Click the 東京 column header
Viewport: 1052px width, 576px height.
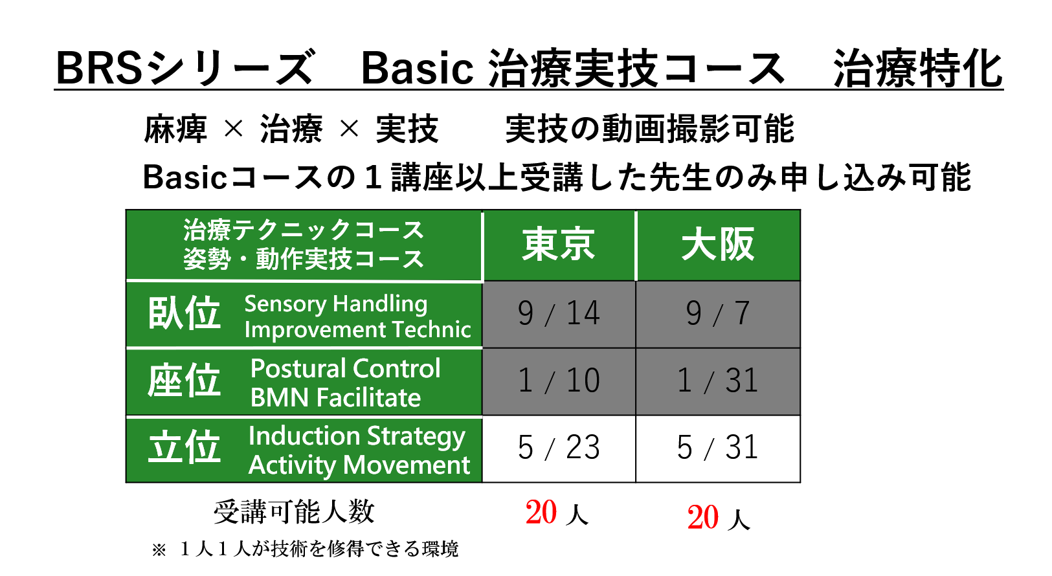(559, 245)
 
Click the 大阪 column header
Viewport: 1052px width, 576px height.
(718, 245)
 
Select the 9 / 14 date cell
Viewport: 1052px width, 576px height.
(559, 314)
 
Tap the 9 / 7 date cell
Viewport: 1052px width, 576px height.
(718, 314)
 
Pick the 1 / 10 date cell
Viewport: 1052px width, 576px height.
(559, 381)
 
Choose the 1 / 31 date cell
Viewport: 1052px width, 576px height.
(718, 381)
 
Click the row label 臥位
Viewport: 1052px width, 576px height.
(184, 314)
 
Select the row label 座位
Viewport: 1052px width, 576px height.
(184, 381)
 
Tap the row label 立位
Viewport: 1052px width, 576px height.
(184, 447)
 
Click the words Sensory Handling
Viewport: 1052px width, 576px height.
(336, 304)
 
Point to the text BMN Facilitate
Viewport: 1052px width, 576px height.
(335, 398)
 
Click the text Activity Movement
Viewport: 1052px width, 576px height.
(359, 465)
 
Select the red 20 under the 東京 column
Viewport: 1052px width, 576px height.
(541, 513)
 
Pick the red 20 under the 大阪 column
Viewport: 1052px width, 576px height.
(702, 518)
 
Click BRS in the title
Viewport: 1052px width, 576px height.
(98, 69)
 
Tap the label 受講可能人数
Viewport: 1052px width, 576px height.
(294, 512)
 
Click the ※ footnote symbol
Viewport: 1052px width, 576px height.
(159, 549)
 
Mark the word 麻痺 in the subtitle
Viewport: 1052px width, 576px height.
(175, 129)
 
